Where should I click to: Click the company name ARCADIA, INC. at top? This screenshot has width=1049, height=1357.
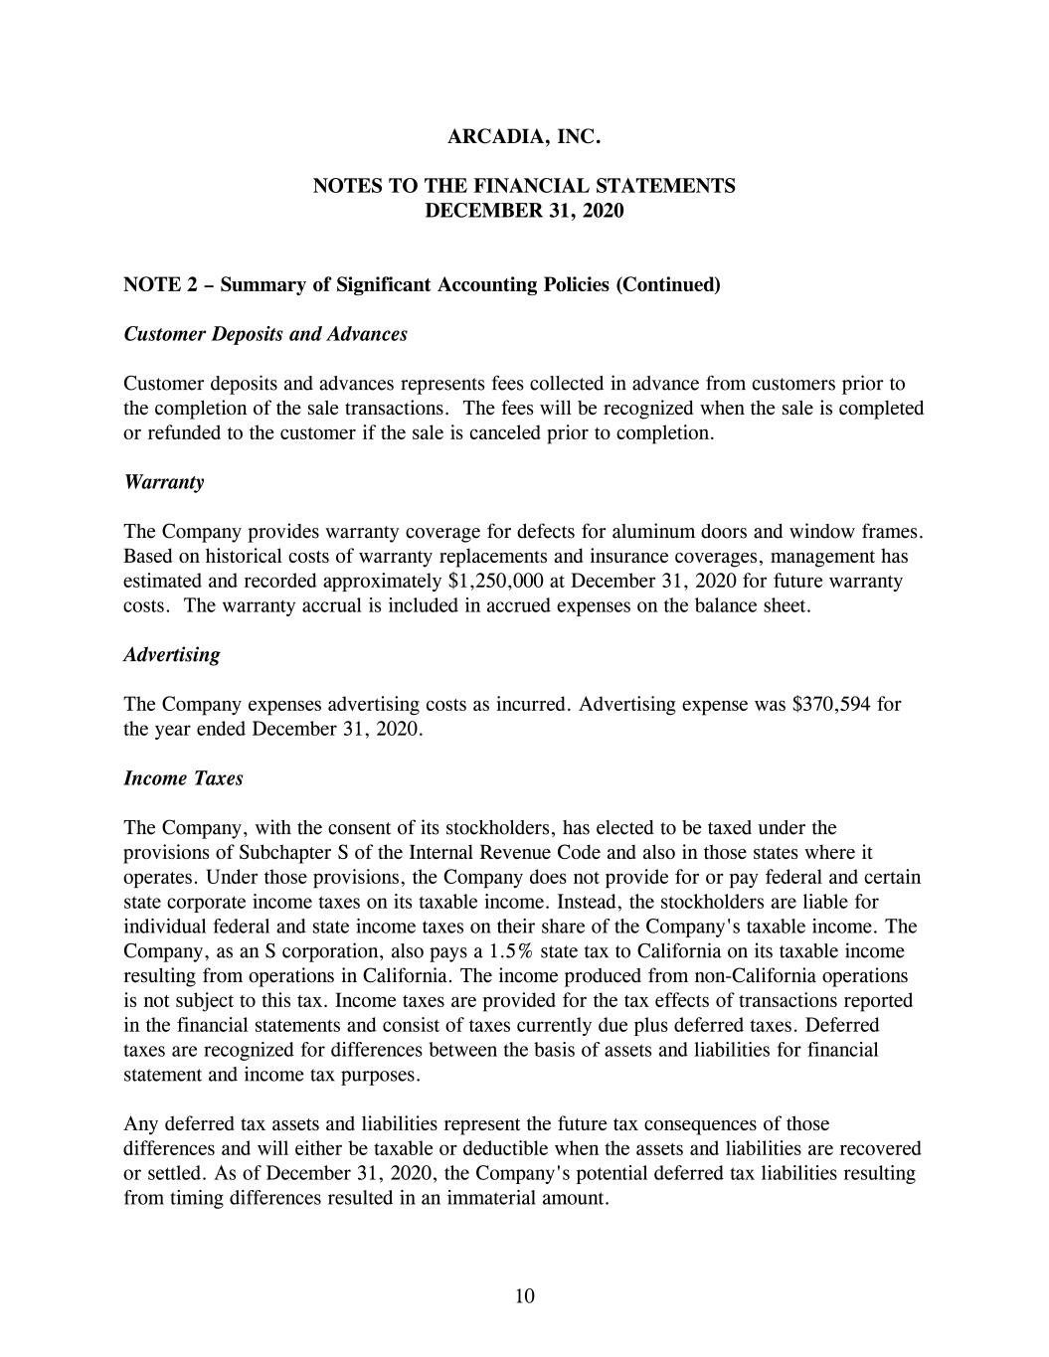[x=524, y=136]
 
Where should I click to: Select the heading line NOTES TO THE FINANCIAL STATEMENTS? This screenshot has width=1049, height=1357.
[x=524, y=186]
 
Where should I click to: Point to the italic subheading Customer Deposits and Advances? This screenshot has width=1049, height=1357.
[x=265, y=334]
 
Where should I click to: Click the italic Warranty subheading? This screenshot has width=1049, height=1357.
[x=163, y=482]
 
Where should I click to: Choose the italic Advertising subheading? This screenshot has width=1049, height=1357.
[x=172, y=655]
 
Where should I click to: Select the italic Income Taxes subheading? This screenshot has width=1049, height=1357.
[x=183, y=778]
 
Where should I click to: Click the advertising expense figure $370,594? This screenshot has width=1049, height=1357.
[x=832, y=705]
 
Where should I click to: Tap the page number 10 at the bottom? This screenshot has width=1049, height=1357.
[x=525, y=1295]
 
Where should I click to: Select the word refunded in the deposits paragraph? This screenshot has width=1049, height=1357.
[x=183, y=433]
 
